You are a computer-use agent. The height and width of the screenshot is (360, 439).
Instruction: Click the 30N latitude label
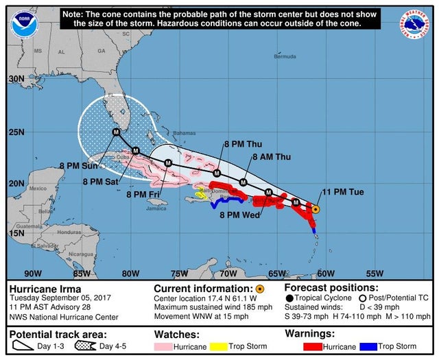tap(16, 80)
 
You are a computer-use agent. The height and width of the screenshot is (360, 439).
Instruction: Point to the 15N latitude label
tap(16, 233)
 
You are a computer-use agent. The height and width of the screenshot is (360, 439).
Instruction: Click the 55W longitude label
tap(375, 273)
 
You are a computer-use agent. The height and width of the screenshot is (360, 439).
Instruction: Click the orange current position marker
tap(316, 209)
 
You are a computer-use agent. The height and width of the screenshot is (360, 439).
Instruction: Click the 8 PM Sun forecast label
tap(79, 166)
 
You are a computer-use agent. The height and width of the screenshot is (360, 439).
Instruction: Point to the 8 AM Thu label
tap(272, 157)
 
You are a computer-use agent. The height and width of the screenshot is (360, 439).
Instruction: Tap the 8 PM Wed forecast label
tap(239, 215)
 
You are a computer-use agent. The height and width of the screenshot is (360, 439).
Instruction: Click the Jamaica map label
tap(156, 209)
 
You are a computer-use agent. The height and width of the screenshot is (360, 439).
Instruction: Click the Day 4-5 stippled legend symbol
tap(85, 347)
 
